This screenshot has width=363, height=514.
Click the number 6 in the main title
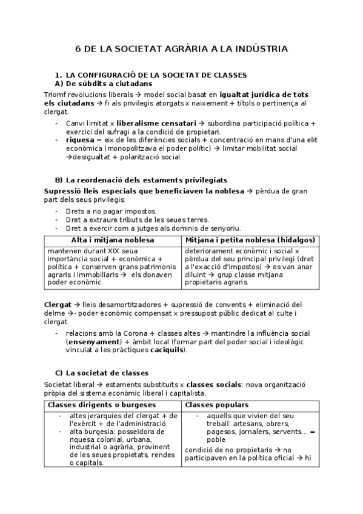78,48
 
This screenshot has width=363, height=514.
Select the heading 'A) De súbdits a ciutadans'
103,83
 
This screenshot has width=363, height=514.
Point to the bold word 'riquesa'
79,139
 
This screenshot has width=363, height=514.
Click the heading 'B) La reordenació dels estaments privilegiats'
141,180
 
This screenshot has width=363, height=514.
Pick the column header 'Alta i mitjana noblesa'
113,241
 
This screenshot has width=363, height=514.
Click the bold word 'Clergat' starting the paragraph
58,304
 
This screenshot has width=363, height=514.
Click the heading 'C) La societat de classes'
101,373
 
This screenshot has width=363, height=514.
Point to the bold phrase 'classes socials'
215,384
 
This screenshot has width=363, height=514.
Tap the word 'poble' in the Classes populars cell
216,439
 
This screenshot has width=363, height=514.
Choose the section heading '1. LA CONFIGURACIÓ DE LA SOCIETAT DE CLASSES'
150,75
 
